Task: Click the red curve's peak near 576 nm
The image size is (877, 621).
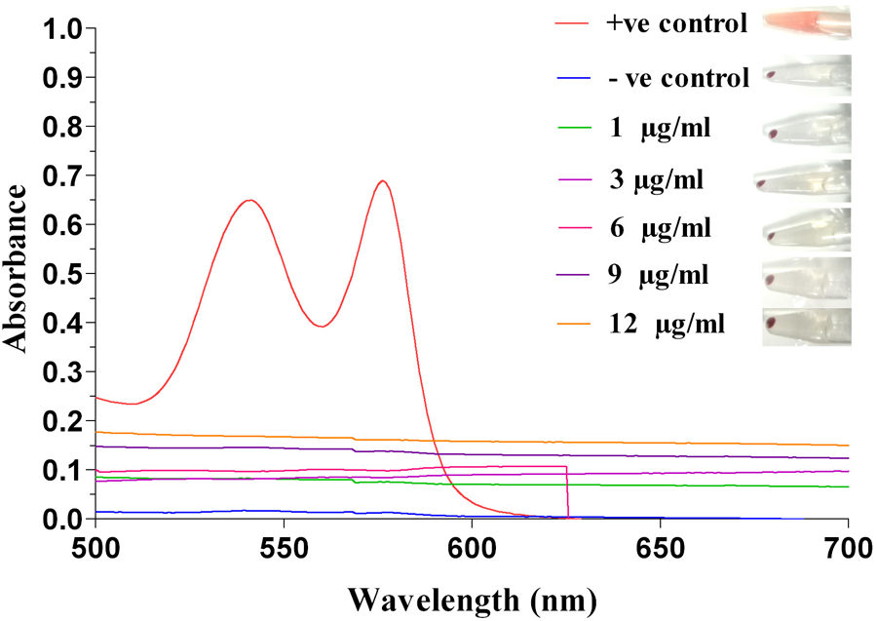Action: coord(383,180)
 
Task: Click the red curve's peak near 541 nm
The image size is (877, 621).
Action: coord(250,200)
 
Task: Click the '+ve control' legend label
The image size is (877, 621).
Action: coord(676,24)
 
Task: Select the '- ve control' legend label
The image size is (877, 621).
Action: coord(676,78)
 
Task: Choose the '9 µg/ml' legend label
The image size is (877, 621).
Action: coord(659,275)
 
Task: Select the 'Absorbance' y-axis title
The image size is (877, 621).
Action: coord(17,275)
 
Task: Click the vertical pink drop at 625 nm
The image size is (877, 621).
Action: coord(567,492)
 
